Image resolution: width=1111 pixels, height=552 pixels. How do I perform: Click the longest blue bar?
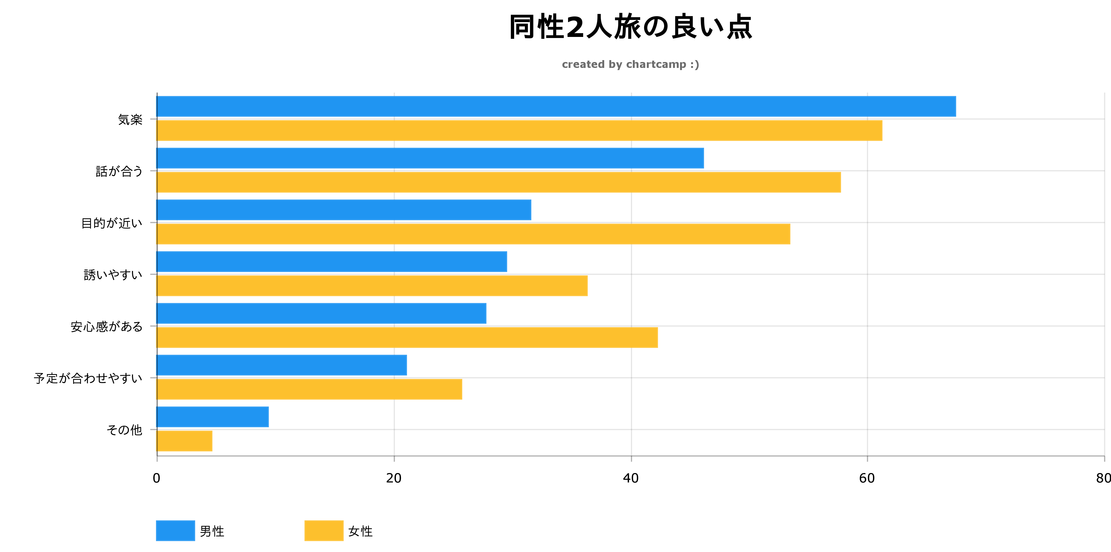(556, 106)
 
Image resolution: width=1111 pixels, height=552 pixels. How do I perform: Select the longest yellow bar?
(519, 130)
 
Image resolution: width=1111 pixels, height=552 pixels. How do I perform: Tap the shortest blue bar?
(213, 417)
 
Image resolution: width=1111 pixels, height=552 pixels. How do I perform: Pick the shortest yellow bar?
(185, 441)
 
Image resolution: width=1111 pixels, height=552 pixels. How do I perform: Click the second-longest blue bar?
(430, 158)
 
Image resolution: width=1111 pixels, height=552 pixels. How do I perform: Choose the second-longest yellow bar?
(499, 182)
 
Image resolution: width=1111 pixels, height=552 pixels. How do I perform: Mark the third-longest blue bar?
(344, 210)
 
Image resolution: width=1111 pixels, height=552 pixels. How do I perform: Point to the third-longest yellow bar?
(473, 234)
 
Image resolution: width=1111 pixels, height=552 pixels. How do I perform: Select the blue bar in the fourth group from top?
(332, 261)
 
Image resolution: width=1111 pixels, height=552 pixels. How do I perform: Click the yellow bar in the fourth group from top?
(372, 286)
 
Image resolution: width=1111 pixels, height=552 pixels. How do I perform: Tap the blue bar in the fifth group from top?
(321, 313)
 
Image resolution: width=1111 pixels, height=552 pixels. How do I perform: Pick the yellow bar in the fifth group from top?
(407, 337)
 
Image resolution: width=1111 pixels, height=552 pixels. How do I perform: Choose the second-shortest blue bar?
(282, 365)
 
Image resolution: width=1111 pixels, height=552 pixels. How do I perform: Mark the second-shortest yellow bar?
(309, 389)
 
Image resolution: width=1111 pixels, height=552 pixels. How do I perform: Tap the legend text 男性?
(212, 531)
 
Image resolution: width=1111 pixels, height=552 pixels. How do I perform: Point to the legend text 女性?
(361, 531)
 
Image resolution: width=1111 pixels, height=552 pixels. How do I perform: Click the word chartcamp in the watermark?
(656, 65)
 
